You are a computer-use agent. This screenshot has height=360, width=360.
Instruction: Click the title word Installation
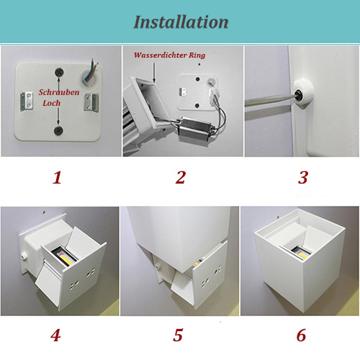point(181,22)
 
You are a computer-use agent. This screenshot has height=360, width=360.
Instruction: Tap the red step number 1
point(57,178)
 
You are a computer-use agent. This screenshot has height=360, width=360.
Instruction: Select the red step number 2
point(181,177)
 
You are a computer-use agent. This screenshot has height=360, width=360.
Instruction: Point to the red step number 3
point(303,178)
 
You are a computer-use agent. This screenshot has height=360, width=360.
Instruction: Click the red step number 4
point(55,335)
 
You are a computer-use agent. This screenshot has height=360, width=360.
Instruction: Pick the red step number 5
point(178,335)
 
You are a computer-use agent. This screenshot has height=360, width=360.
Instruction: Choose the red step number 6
point(301,335)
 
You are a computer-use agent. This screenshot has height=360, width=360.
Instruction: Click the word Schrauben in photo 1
point(59,92)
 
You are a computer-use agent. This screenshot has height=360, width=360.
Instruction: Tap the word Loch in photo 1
point(51,103)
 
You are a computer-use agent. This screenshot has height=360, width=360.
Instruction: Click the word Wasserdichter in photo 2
point(161,55)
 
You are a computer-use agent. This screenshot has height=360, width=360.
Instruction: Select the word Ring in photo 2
point(197,55)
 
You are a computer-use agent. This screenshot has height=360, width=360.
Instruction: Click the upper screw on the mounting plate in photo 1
point(59,72)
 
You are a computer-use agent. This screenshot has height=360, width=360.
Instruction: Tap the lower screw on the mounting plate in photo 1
point(58,130)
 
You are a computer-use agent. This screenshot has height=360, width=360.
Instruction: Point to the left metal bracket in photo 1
point(27,102)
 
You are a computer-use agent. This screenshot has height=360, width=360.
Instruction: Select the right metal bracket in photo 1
point(91,102)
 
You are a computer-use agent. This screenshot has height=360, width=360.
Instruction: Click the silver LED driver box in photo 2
point(195,129)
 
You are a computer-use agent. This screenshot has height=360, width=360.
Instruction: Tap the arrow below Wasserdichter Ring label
point(154,73)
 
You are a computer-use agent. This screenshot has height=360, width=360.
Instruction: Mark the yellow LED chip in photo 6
point(302,255)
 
